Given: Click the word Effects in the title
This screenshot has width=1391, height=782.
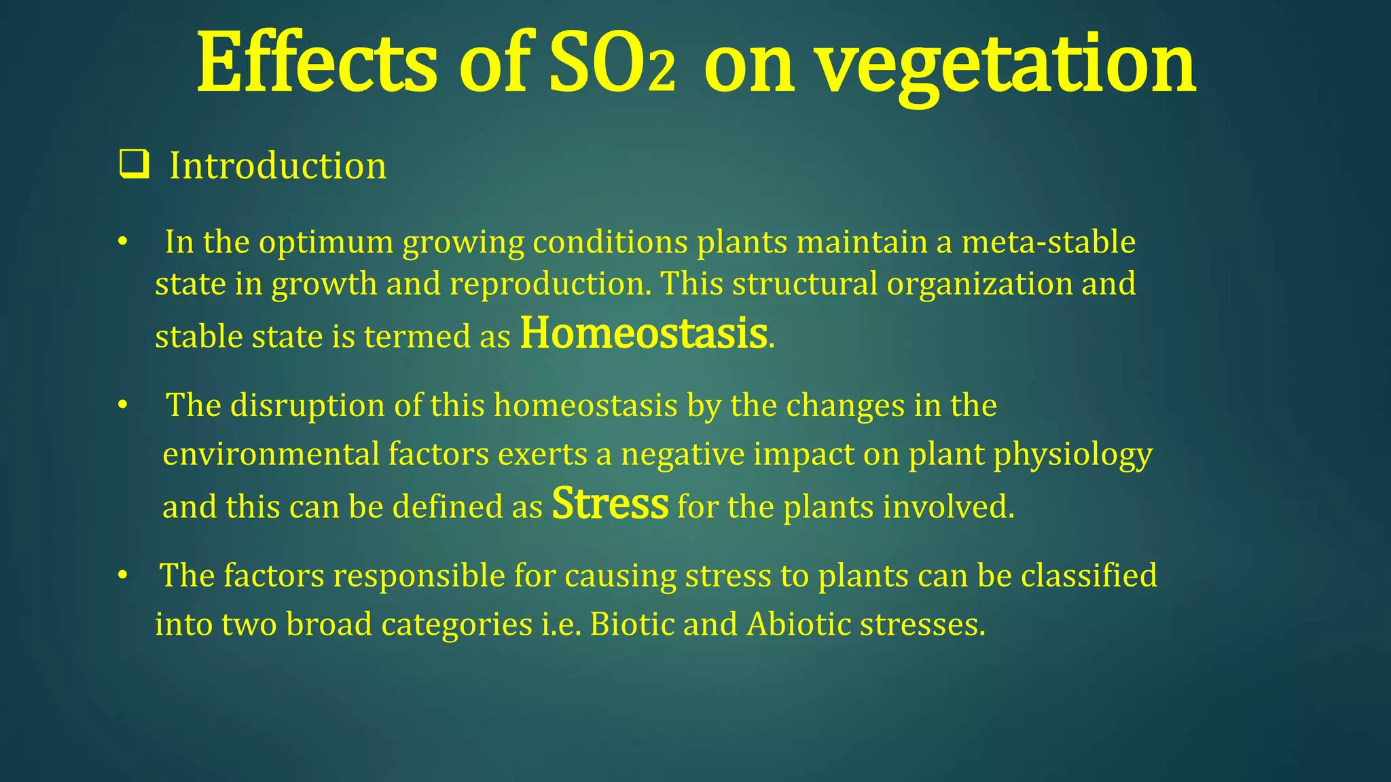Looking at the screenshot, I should click(317, 64).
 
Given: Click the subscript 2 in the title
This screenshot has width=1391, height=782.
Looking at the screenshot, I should click(662, 76).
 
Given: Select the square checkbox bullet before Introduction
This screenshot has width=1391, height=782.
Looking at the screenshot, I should click(134, 166).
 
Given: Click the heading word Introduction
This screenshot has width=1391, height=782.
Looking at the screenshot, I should click(278, 166).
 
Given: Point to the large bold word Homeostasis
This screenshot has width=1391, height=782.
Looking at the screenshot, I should click(643, 334).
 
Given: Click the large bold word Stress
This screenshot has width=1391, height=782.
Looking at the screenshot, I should click(610, 504).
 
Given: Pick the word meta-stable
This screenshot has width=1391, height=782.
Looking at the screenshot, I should click(1048, 242).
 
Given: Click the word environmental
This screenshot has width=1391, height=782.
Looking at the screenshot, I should click(271, 454).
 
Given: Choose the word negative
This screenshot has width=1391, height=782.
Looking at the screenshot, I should click(683, 454).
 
